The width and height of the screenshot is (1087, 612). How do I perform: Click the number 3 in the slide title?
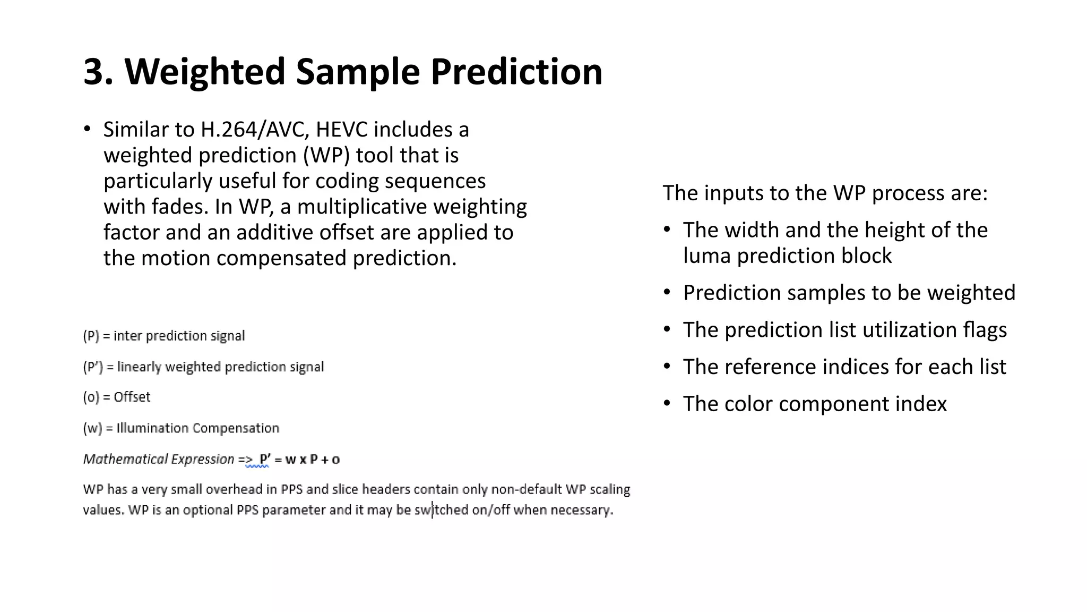[x=98, y=72]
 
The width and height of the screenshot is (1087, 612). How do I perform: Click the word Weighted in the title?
[x=205, y=72]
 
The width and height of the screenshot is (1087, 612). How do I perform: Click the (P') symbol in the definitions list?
[x=92, y=367]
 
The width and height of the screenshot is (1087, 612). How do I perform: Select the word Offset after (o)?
[x=132, y=397]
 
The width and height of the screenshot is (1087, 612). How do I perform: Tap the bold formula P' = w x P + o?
[x=299, y=460]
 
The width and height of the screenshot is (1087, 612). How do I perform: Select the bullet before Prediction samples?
[x=667, y=293]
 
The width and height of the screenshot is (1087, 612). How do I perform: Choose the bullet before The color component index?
[x=667, y=404]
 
